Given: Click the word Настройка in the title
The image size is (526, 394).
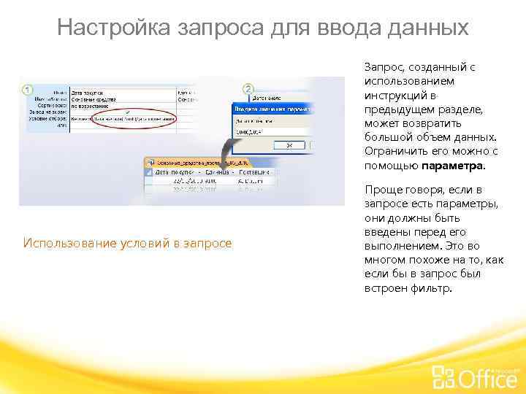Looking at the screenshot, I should click(x=113, y=28).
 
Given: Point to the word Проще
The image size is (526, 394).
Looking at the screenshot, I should click(x=381, y=190).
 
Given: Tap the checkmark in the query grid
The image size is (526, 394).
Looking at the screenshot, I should click(x=128, y=111).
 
